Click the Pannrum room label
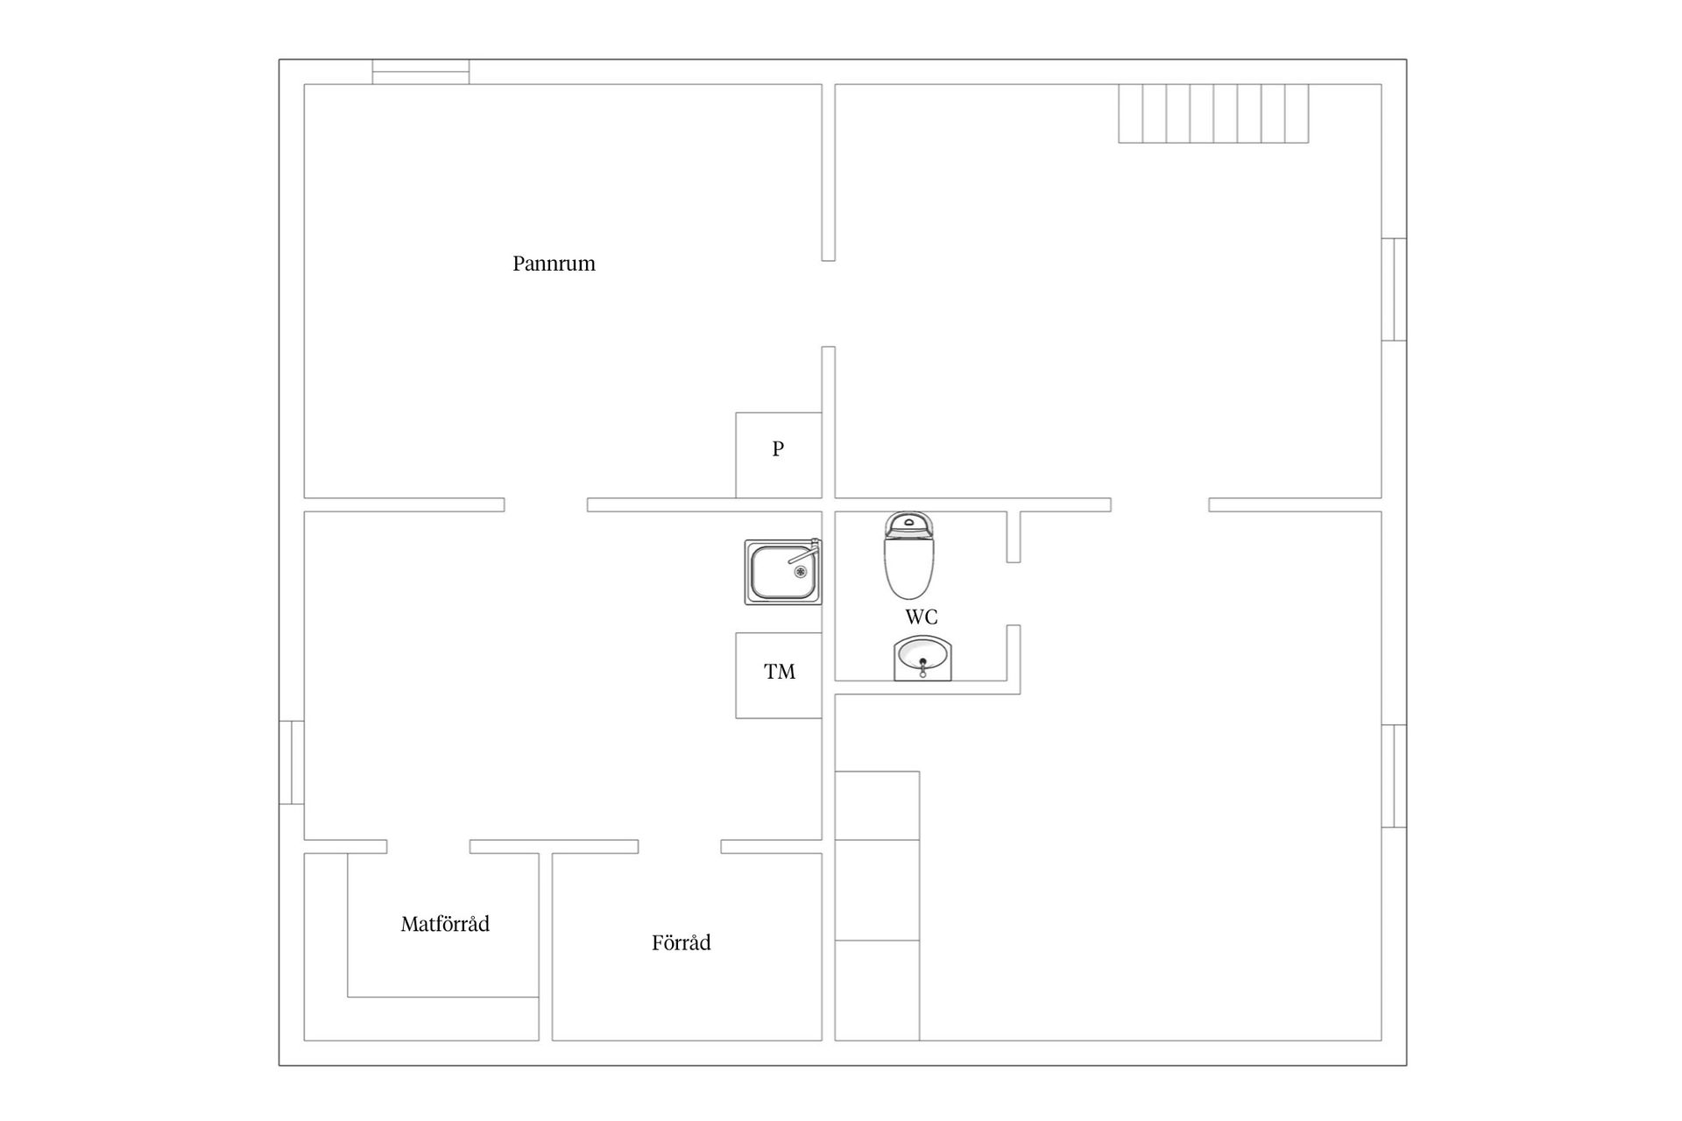pyautogui.click(x=554, y=264)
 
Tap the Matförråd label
pyautogui.click(x=445, y=924)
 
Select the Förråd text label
pyautogui.click(x=681, y=943)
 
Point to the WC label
pyautogui.click(x=922, y=617)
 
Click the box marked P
pyautogui.click(x=778, y=455)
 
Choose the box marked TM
pyautogui.click(x=779, y=675)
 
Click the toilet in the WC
pyautogui.click(x=908, y=555)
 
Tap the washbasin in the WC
pyautogui.click(x=922, y=659)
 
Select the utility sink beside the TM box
pyautogui.click(x=783, y=572)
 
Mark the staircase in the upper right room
pyautogui.click(x=1213, y=113)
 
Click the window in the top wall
pyautogui.click(x=420, y=72)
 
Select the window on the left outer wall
pyautogui.click(x=292, y=762)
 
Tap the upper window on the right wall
pyautogui.click(x=1394, y=289)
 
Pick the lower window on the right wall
pyautogui.click(x=1394, y=776)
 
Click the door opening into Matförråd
pyautogui.click(x=428, y=847)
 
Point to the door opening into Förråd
pyautogui.click(x=680, y=847)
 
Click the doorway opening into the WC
pyautogui.click(x=1014, y=594)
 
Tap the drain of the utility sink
pyautogui.click(x=800, y=572)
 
